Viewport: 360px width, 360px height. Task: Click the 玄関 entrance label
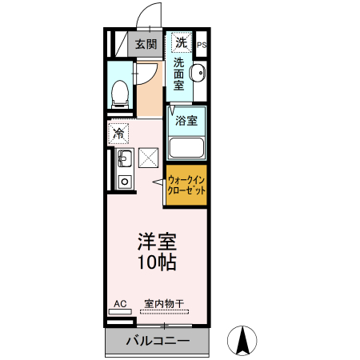(145, 44)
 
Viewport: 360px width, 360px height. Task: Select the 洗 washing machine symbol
(181, 42)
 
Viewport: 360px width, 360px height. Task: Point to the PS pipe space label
(202, 45)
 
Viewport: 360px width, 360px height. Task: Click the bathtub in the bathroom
(187, 146)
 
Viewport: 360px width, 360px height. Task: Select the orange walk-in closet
(187, 186)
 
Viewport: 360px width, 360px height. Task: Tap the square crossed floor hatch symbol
(150, 158)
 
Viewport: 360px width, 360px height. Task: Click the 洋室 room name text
(157, 241)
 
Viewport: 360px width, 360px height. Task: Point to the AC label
(120, 303)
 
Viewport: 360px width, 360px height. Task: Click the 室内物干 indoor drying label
(164, 303)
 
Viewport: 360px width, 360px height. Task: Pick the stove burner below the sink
(124, 182)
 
